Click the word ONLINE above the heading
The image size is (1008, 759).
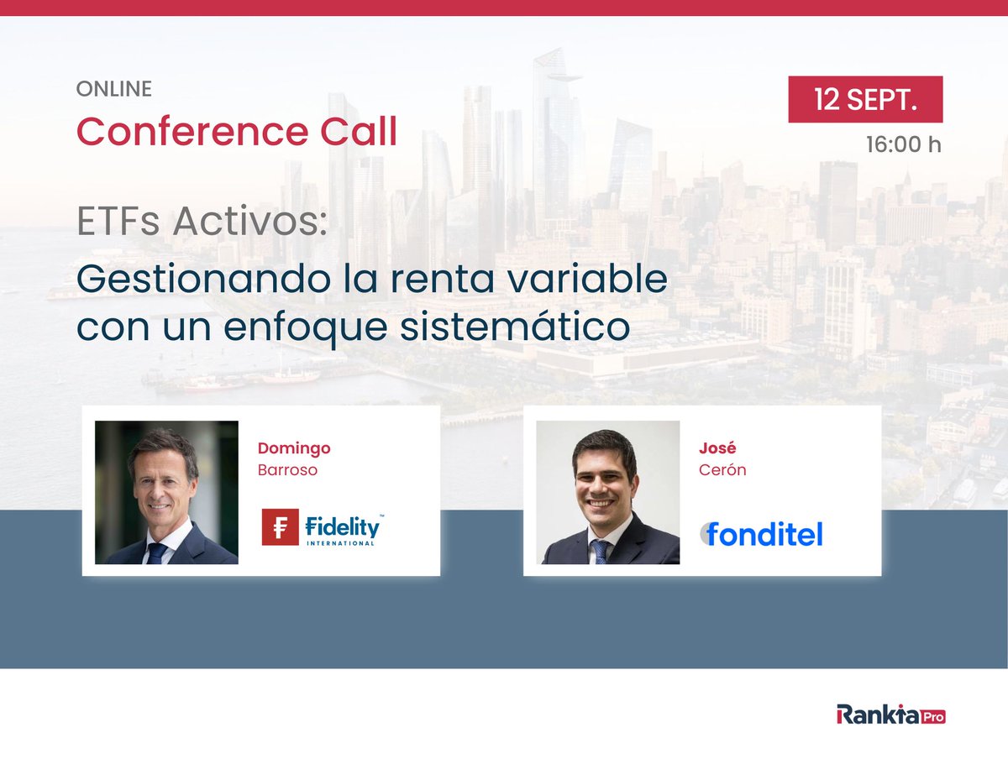click(114, 87)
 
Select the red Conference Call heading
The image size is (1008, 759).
click(237, 131)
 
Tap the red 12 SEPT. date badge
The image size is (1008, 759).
click(865, 100)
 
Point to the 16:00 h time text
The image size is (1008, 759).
click(903, 144)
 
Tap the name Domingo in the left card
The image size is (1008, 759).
click(295, 448)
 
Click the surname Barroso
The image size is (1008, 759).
click(288, 470)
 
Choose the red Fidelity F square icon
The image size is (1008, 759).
click(281, 527)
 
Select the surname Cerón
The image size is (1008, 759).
click(722, 470)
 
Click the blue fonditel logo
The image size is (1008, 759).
click(763, 534)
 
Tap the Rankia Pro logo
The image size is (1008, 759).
click(890, 715)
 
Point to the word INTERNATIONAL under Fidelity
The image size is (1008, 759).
click(344, 542)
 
